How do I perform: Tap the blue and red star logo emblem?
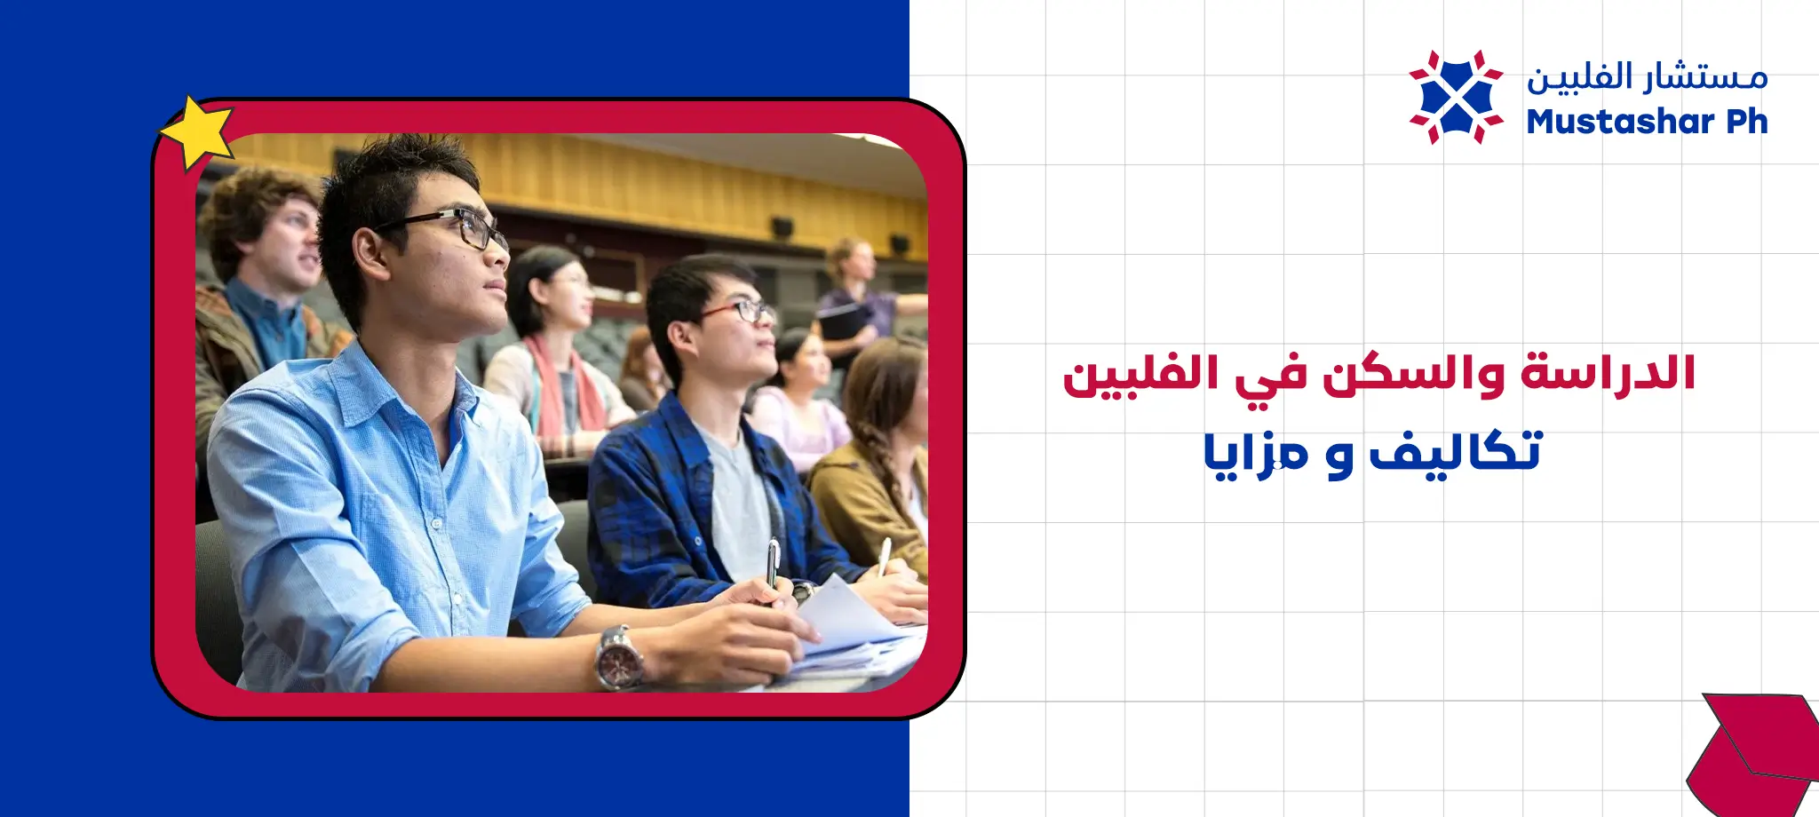1456,97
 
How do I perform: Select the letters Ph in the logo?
1747,122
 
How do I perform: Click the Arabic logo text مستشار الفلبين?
1647,76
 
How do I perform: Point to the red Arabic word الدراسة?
1608,373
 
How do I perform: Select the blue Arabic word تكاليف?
1456,452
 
